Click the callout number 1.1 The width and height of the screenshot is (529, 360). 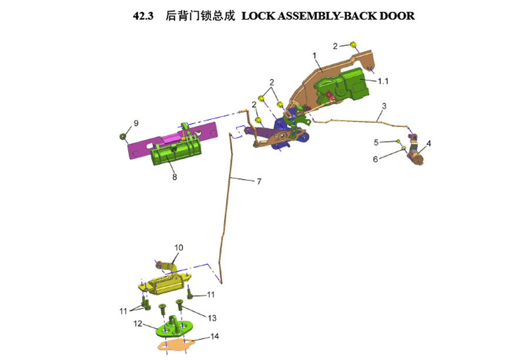point(383,81)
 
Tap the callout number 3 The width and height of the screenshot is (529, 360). point(384,106)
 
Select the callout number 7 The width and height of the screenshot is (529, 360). point(259,181)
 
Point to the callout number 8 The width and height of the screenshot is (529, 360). point(175,177)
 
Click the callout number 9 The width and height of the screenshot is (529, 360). point(136,123)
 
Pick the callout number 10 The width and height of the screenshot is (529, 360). point(179,248)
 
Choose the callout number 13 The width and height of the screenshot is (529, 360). point(212,318)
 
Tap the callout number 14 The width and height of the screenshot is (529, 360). point(215,336)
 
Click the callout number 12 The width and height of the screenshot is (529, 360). point(138,324)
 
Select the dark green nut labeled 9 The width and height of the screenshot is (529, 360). point(123,136)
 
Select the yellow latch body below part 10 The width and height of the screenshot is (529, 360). point(165,284)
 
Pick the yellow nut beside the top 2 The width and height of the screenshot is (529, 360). point(353,45)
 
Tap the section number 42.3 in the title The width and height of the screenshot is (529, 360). point(143,16)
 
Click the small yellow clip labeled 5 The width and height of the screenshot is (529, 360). point(399,141)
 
